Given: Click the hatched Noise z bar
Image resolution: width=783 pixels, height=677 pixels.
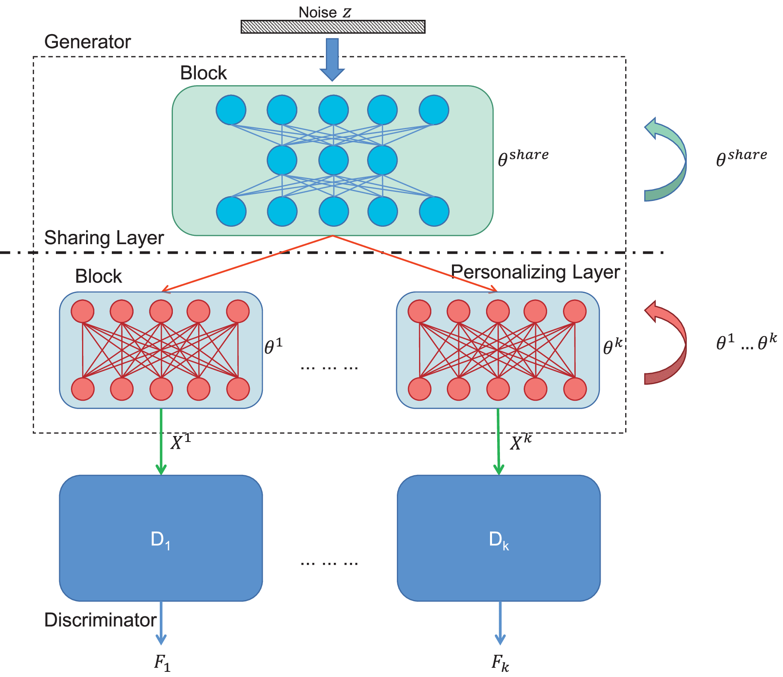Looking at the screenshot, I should [333, 27].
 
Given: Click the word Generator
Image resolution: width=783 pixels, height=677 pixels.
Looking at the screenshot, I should [87, 42].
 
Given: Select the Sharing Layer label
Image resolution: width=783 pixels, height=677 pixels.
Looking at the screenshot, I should [104, 238].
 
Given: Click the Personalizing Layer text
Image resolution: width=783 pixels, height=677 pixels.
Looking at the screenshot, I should [535, 272].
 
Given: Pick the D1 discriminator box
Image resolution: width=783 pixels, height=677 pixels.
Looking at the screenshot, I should [161, 538].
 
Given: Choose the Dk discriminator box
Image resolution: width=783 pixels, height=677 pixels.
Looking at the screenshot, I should [499, 538].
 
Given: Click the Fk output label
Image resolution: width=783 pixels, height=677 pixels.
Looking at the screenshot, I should [500, 663].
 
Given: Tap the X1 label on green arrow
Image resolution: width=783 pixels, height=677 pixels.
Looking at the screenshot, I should [181, 442].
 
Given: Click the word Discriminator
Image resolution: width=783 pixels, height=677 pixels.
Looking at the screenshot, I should [100, 620].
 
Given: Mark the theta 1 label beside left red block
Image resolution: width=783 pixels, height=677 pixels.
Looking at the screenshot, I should [274, 346].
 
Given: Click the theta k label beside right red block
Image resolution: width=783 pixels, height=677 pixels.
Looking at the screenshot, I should [612, 346].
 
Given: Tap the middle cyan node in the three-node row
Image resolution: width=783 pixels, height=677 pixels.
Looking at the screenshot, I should [333, 160].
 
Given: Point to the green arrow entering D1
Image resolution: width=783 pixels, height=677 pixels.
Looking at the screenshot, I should [161, 442].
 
